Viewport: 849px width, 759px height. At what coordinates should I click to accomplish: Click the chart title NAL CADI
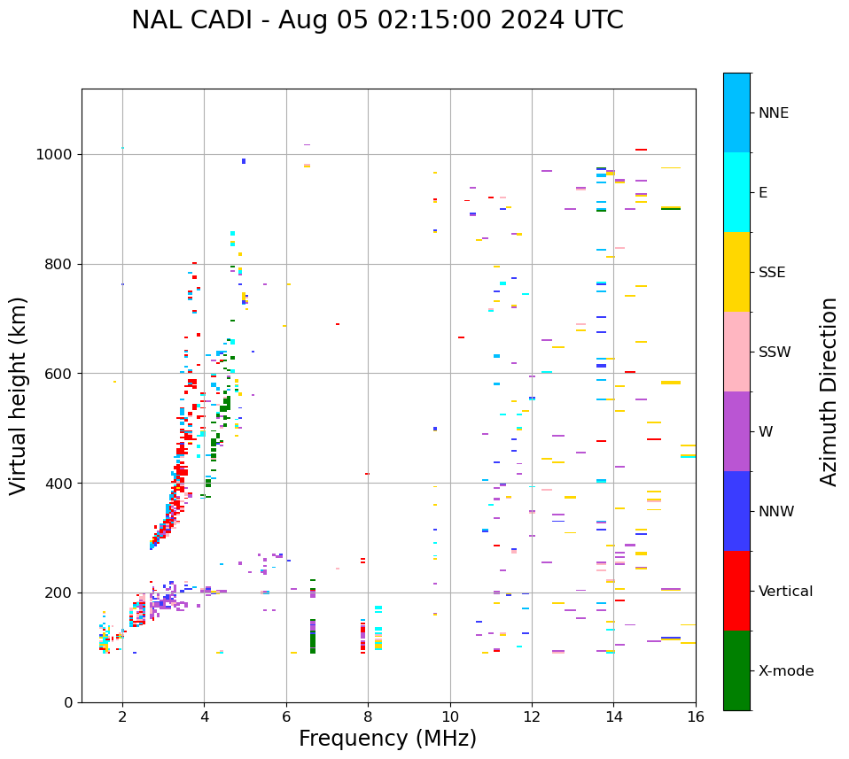coord(378,20)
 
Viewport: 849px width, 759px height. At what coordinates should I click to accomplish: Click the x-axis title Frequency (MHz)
coord(387,739)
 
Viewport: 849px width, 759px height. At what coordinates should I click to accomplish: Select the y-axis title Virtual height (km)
coord(19,396)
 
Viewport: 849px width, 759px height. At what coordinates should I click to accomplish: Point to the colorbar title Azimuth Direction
coord(829,391)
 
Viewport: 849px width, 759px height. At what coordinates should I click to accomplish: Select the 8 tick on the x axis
coord(368,716)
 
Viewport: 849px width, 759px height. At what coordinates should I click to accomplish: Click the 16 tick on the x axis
coord(696,716)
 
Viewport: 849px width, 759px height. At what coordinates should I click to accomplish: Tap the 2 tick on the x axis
coord(122,716)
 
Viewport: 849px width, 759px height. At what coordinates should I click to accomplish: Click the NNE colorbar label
coord(773,113)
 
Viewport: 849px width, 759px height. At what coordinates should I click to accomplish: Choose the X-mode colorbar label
coord(785,671)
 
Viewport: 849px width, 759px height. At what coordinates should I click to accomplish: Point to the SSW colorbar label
coord(775,352)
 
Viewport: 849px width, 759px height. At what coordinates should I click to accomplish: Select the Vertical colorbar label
coord(785,592)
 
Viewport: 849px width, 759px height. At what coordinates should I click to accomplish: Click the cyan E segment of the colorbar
coord(736,192)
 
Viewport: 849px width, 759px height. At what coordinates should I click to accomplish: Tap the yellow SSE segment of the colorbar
coord(736,272)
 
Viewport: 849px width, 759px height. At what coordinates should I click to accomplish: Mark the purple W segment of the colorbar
coord(736,431)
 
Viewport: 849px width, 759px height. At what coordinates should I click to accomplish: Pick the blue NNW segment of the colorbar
coord(736,511)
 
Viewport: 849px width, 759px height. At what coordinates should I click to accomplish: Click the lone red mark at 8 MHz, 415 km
coord(367,474)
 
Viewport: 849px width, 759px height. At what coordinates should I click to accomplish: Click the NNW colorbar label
coord(776,512)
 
